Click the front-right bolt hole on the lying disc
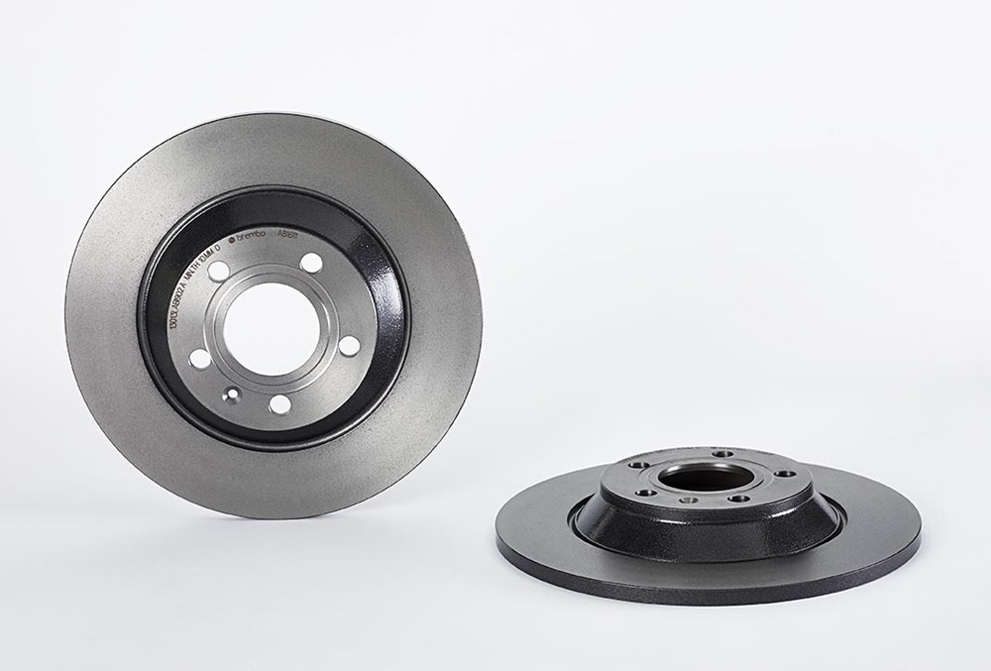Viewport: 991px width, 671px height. [x=736, y=499]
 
